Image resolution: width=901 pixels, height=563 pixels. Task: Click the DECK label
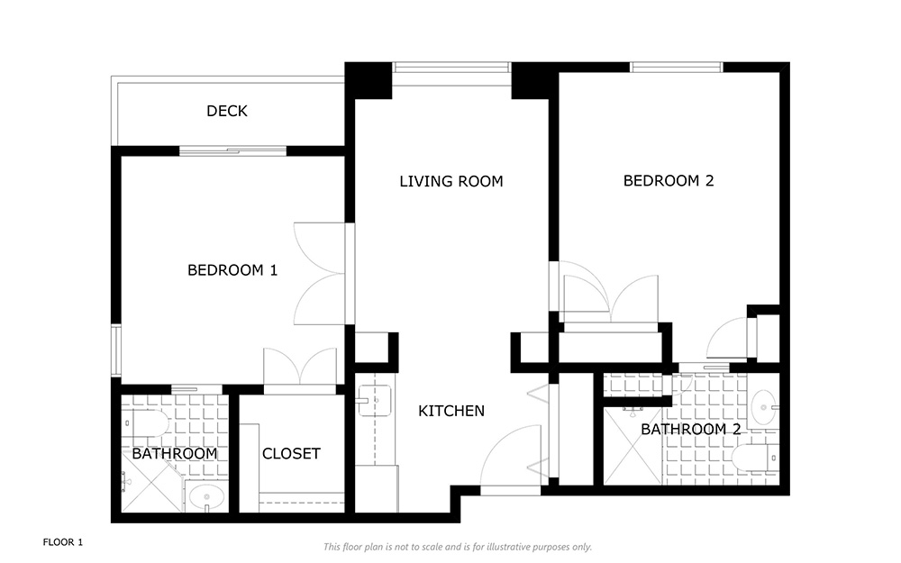click(x=227, y=111)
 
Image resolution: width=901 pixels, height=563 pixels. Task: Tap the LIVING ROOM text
click(x=451, y=182)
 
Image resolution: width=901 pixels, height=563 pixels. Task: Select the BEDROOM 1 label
click(x=232, y=270)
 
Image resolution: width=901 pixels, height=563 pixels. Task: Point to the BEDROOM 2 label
click(x=669, y=181)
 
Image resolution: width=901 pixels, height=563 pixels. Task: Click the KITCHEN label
click(x=451, y=411)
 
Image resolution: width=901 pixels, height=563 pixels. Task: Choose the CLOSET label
click(x=291, y=454)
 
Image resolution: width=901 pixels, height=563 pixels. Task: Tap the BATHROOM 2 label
click(x=691, y=429)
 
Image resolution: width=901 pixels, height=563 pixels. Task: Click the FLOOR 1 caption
click(x=63, y=542)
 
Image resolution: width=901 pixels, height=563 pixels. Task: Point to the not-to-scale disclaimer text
click(x=458, y=547)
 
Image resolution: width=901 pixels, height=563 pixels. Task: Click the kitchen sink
click(x=375, y=401)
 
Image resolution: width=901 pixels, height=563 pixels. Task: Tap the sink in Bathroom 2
click(x=764, y=407)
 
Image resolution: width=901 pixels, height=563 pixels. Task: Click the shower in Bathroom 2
click(x=633, y=447)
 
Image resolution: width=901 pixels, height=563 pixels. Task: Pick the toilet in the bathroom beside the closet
click(x=146, y=424)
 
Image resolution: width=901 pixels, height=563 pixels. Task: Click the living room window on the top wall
click(x=451, y=68)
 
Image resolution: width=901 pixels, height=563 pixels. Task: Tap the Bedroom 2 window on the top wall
click(x=677, y=68)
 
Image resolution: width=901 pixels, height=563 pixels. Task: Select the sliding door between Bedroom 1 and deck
click(x=232, y=151)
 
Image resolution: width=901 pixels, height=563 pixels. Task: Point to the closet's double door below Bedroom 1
click(x=300, y=370)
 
